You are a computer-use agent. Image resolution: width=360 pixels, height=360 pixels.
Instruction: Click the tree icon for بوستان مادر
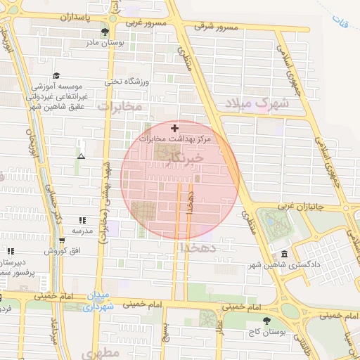[x=105, y=32]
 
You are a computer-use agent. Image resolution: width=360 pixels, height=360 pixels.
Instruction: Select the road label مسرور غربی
[x=146, y=22]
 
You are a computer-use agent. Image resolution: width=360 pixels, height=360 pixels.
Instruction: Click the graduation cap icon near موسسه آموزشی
[x=56, y=75]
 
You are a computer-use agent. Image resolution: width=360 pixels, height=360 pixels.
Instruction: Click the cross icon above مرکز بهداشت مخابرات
[x=175, y=129]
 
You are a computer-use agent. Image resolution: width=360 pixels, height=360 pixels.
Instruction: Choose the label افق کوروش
[x=56, y=251]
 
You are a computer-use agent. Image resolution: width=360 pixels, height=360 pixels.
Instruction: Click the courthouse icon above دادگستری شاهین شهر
[x=284, y=254]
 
